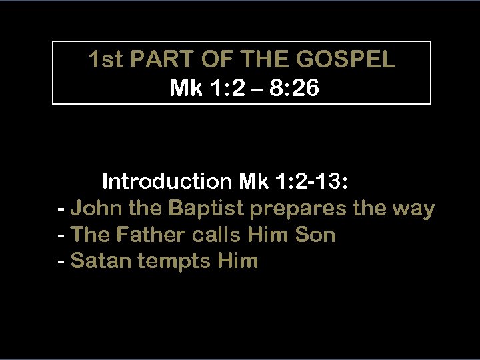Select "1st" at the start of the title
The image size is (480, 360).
coord(105,60)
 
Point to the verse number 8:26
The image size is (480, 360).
coord(297,88)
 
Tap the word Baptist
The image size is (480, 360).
coord(207,209)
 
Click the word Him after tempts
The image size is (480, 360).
coord(237,261)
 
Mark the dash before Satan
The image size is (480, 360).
coord(62,261)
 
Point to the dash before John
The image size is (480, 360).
coord(62,209)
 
